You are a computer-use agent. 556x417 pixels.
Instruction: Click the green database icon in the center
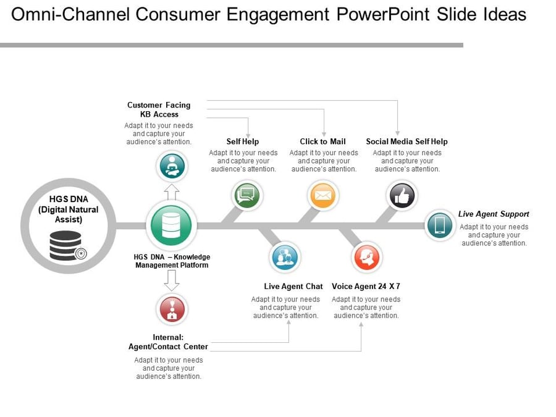(171, 225)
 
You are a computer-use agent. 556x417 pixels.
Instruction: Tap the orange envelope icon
(322, 195)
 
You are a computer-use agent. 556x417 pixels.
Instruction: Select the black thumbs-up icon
(402, 195)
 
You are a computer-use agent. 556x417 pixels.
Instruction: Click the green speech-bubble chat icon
(246, 195)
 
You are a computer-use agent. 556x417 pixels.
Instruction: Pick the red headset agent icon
(366, 257)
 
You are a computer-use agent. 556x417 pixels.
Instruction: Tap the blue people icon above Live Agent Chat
(285, 257)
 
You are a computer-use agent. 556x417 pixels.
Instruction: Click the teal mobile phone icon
(440, 225)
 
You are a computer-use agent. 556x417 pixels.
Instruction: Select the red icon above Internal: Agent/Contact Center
(172, 310)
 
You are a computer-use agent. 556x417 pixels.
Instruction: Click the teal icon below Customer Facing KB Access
(172, 166)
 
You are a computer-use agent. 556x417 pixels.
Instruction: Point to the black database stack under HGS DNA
(65, 245)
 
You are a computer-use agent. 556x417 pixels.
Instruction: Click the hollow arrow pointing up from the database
(172, 192)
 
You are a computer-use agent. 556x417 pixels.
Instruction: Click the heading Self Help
(243, 141)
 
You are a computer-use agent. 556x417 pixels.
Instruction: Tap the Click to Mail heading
(322, 141)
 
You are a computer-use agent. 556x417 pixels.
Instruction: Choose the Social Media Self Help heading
(406, 141)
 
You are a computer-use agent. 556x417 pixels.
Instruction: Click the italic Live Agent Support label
(494, 214)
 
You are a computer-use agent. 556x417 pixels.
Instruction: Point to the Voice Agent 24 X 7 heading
(366, 286)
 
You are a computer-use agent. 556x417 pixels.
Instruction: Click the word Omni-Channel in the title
(70, 15)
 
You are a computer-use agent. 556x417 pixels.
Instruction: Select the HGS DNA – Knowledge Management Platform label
(172, 261)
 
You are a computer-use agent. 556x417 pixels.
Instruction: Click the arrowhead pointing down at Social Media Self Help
(397, 133)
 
